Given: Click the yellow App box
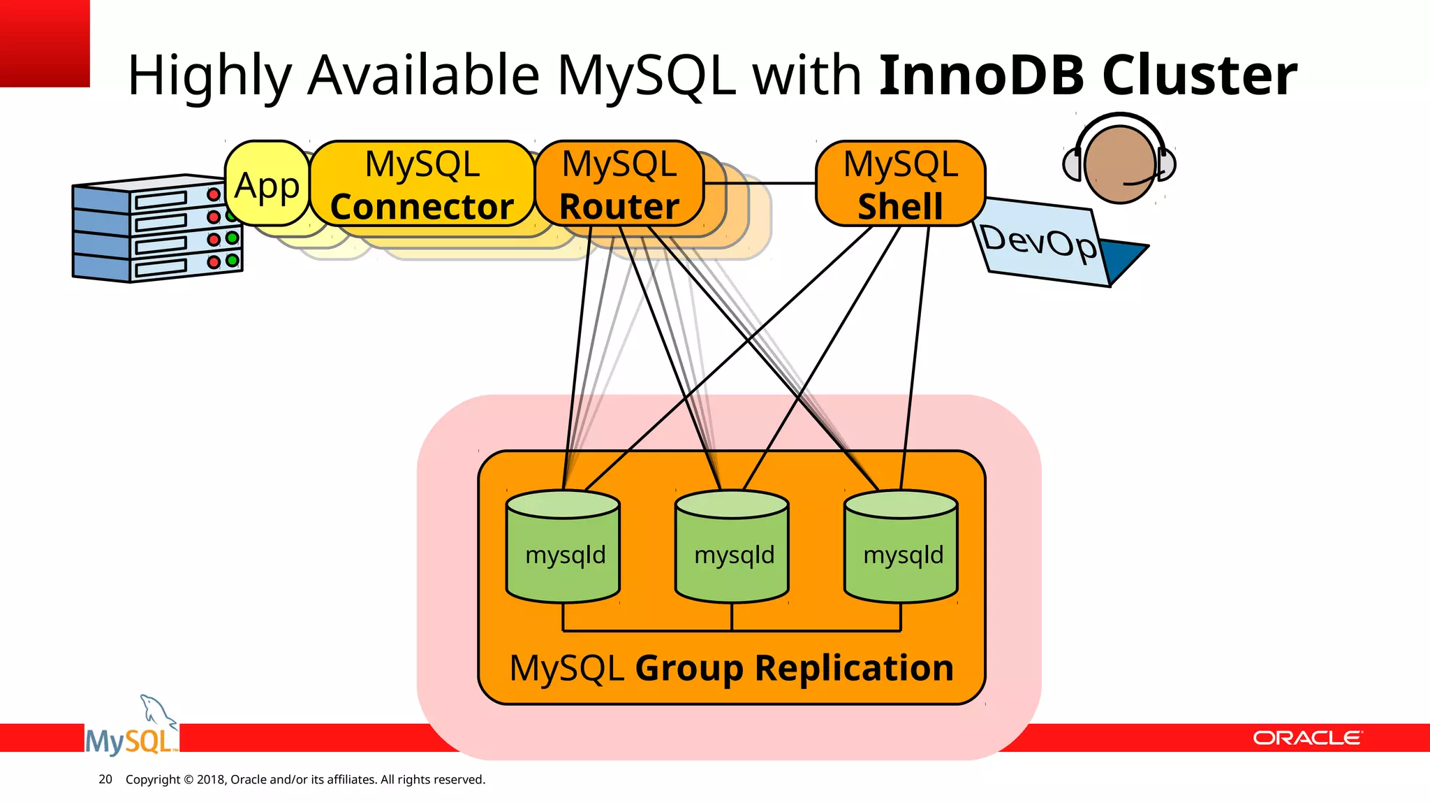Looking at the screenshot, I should coord(267,184).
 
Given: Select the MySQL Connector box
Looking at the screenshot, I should coord(422,184).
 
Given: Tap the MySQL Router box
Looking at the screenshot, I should coord(619,184).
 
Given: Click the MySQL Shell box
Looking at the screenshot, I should coord(900,184).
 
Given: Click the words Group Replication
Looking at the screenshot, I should coord(794,668).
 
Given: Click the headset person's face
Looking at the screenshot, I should coord(1119,164).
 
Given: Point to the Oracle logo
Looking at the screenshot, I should coord(1306,738).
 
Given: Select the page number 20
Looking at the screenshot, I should coord(105,779).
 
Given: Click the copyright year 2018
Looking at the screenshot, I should coord(209,779).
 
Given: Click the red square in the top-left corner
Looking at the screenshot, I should coord(44,43).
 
